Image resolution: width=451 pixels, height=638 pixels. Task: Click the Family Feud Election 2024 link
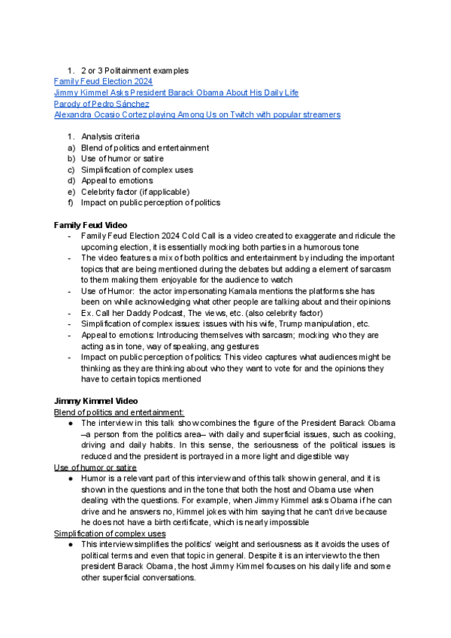[103, 81]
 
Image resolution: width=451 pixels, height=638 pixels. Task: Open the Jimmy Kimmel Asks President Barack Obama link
[176, 93]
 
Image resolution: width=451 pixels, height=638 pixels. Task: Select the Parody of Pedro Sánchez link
[101, 104]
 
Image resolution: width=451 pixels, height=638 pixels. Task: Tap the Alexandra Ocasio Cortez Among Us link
[197, 115]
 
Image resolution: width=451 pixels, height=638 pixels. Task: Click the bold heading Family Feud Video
[90, 225]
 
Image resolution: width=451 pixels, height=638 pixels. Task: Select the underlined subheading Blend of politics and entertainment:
[119, 412]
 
